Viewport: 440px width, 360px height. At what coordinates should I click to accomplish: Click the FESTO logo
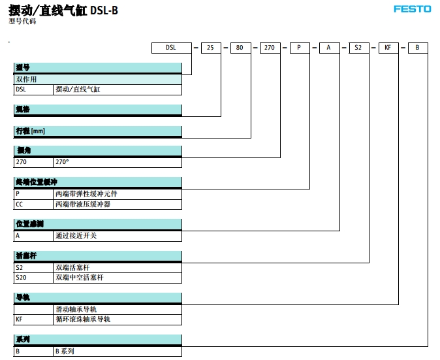[412, 9]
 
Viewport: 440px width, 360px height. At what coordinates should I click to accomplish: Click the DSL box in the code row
[172, 48]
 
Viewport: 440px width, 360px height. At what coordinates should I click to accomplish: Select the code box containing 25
[210, 48]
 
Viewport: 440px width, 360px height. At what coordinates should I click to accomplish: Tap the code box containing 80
[240, 48]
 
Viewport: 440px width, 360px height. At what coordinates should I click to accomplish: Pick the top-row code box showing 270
[270, 48]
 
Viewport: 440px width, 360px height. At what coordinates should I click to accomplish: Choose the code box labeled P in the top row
[300, 48]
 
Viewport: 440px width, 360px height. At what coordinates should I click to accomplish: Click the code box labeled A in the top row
[329, 48]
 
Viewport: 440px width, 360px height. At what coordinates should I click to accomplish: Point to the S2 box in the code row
[358, 48]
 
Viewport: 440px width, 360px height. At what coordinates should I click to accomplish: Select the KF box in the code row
[388, 48]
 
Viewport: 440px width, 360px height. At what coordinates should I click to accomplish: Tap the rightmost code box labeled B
[418, 48]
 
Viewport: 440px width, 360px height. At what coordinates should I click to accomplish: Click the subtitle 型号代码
[22, 22]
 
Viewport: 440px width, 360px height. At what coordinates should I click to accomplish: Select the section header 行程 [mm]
[30, 131]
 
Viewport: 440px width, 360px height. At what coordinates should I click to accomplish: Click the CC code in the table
[20, 204]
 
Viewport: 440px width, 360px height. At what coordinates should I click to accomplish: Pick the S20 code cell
[22, 277]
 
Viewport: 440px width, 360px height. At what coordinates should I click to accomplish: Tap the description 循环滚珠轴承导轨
[83, 319]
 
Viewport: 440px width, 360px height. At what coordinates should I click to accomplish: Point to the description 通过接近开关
[76, 235]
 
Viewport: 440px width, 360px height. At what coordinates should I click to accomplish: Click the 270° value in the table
[63, 161]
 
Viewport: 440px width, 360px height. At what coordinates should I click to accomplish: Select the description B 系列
[65, 351]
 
